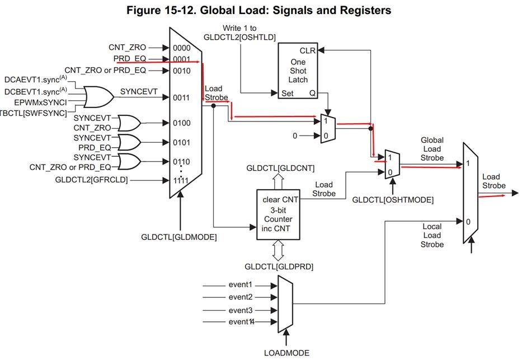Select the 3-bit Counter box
278,214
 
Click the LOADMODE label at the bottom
286,353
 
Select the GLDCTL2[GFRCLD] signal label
92,180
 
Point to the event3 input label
242,310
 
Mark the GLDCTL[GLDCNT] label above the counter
280,168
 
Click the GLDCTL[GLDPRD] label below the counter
279,266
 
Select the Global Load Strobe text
432,149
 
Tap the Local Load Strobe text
432,235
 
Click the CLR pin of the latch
308,50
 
